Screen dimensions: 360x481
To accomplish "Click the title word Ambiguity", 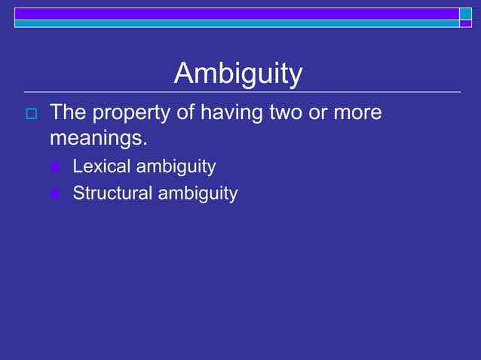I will tap(238, 74).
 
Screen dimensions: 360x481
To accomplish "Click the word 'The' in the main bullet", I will tap(67, 113).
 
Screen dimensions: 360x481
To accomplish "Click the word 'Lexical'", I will tap(101, 166).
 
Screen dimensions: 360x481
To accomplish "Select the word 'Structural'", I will tap(112, 194).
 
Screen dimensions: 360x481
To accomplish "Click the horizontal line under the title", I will tap(242, 92).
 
